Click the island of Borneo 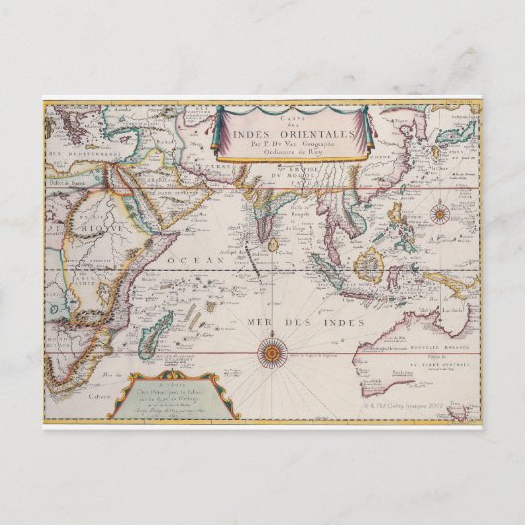pyautogui.click(x=368, y=264)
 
